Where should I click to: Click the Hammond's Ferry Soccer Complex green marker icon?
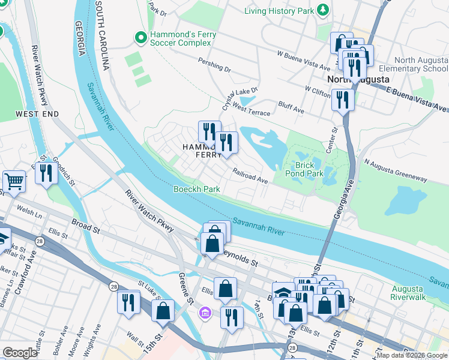pos(141,38)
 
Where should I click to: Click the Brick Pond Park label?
pos(309,169)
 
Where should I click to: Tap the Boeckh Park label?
pos(196,189)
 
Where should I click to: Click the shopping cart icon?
pos(14,180)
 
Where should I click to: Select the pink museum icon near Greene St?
pos(205,313)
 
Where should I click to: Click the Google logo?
pos(20,353)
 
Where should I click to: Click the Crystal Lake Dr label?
pos(240,94)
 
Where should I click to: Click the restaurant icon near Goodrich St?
pos(46,173)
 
